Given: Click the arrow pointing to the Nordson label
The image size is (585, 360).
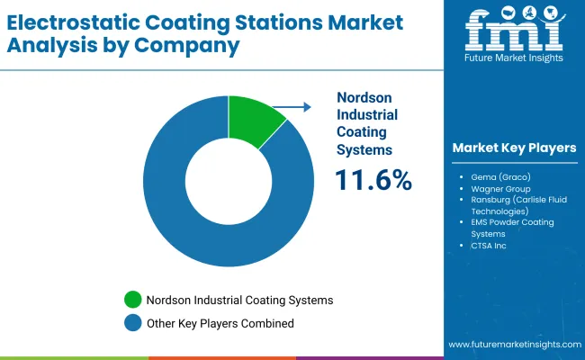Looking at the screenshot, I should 292,107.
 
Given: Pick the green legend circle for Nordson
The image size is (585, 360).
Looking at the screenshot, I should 133,300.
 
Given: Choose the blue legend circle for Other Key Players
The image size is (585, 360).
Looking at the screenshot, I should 133,322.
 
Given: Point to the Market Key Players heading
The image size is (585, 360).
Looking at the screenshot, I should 514,148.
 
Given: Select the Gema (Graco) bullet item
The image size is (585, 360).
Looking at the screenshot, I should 499,177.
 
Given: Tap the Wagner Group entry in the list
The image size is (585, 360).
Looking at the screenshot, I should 499,189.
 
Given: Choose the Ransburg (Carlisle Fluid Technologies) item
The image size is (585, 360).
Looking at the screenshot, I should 513,205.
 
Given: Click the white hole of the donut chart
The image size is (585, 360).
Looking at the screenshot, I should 229,179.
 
